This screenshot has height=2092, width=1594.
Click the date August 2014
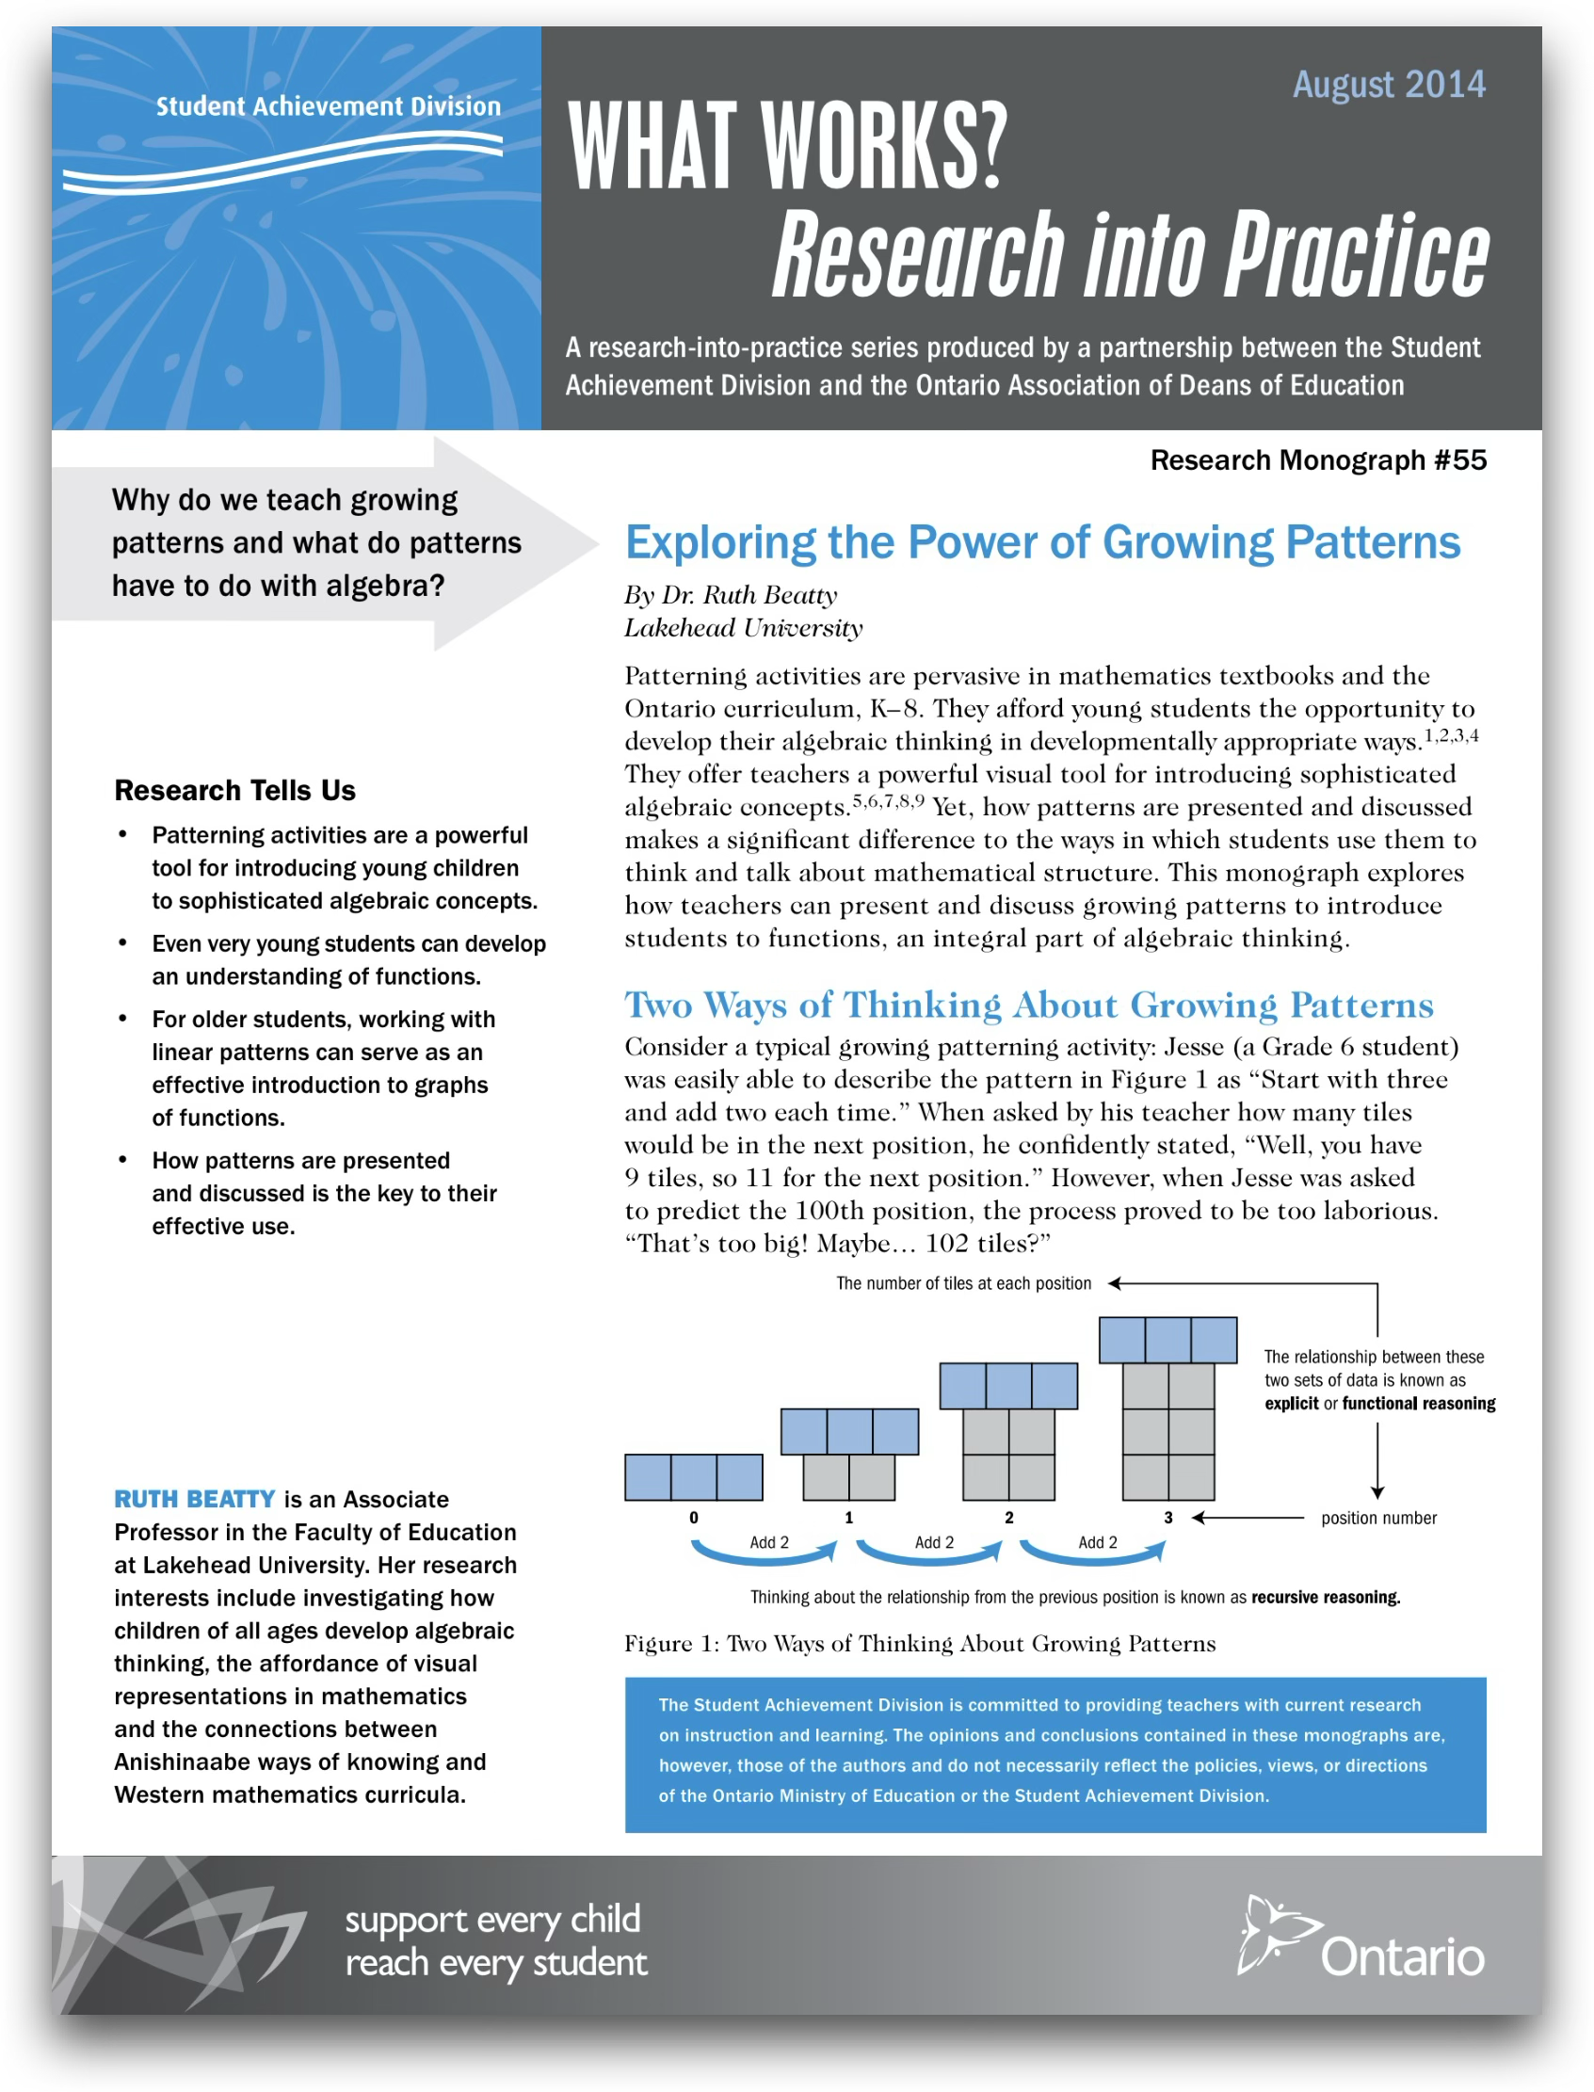(1388, 85)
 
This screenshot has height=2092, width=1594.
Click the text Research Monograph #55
(1318, 460)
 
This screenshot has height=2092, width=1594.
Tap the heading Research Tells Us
(234, 790)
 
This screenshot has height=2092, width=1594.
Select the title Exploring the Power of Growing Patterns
(1041, 542)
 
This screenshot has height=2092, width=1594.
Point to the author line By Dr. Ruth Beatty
(730, 595)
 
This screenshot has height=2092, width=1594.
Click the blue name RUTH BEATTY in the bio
(195, 1499)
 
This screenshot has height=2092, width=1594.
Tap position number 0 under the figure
(694, 1518)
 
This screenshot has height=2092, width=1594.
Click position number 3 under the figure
(1168, 1518)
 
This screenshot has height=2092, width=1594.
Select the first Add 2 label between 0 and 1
(768, 1543)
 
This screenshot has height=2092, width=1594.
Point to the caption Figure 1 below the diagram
(918, 1644)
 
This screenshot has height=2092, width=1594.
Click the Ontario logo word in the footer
(1401, 1957)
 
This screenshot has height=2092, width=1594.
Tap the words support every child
(492, 1920)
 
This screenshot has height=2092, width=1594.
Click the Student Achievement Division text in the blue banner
(329, 106)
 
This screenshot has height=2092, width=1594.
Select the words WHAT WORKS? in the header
(786, 145)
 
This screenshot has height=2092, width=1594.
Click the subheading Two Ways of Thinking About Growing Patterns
(1028, 1005)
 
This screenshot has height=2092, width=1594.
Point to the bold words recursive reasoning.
(1325, 1598)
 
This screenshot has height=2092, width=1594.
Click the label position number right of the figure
(1377, 1518)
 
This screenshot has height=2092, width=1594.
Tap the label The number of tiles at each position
(963, 1283)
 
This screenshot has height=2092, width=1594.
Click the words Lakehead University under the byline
(743, 628)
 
